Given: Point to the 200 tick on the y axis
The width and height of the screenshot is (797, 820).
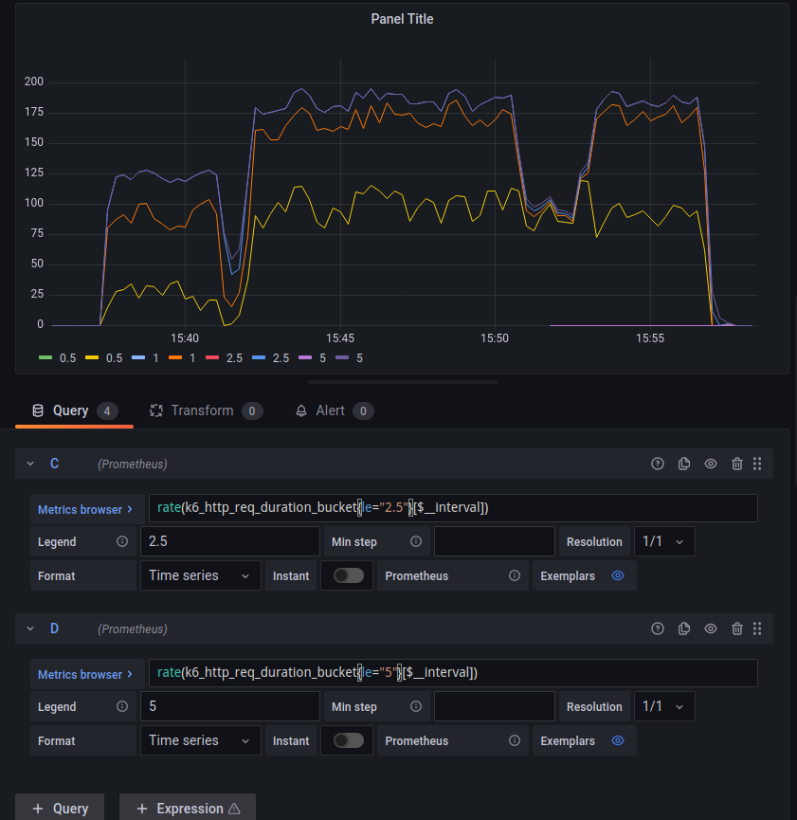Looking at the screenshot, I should [x=34, y=82].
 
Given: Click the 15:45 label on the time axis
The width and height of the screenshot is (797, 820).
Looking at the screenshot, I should [x=339, y=338].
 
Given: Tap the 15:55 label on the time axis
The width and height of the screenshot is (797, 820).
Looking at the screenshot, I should [x=649, y=338].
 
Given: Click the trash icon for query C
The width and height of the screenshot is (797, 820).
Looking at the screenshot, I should [x=737, y=464].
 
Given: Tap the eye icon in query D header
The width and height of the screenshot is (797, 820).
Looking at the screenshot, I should [x=711, y=629].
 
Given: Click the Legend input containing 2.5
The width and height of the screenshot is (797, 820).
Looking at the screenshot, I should [x=229, y=542].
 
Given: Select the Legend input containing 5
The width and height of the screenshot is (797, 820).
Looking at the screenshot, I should [x=229, y=707].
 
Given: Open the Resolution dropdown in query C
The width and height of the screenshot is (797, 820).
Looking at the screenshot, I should [x=664, y=542].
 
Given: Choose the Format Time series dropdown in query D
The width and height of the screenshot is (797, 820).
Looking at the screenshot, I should [x=200, y=740].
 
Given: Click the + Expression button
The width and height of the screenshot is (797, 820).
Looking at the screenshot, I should [x=188, y=809].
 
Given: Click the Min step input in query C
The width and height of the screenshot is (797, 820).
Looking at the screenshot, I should [x=494, y=542].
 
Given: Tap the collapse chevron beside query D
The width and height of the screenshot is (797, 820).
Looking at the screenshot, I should [x=30, y=629].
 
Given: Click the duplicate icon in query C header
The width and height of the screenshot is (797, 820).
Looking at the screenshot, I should [x=684, y=464].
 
